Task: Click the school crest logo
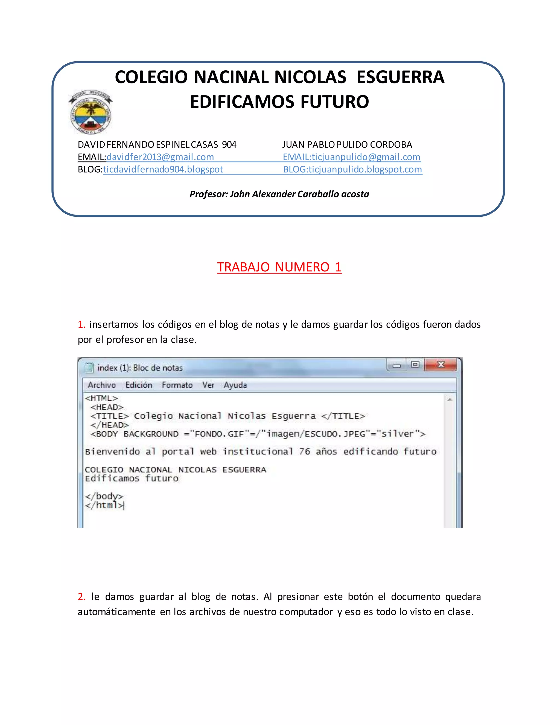(x=90, y=112)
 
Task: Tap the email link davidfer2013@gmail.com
(x=160, y=157)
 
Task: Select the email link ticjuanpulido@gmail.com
(x=366, y=157)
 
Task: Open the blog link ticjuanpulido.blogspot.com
(x=365, y=169)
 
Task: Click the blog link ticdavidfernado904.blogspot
(x=163, y=169)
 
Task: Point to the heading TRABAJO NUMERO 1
(x=279, y=267)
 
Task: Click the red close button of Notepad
(x=441, y=364)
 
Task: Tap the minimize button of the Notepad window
(x=396, y=365)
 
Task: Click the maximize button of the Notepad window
(x=415, y=364)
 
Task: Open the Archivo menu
(x=101, y=385)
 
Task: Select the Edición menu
(x=139, y=385)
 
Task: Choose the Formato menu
(x=177, y=385)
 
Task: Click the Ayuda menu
(x=235, y=385)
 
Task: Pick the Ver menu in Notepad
(x=208, y=385)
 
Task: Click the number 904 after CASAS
(x=229, y=145)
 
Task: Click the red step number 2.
(x=81, y=596)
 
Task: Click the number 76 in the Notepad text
(x=304, y=451)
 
